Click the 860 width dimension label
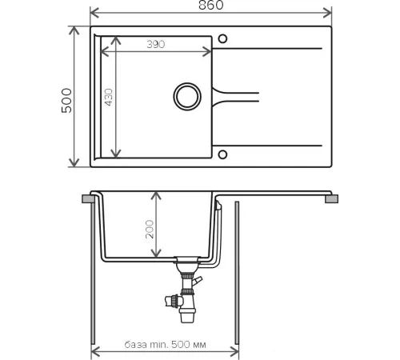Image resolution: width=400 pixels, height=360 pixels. pyautogui.click(x=211, y=6)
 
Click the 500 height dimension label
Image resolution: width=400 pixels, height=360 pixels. pyautogui.click(x=66, y=101)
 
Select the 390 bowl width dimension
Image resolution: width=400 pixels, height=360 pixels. pyautogui.click(x=156, y=44)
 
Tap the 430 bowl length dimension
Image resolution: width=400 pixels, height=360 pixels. pyautogui.click(x=109, y=97)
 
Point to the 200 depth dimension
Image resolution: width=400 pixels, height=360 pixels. pyautogui.click(x=150, y=229)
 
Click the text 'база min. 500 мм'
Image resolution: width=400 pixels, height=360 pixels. pyautogui.click(x=165, y=345)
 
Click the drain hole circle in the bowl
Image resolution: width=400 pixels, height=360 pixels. pyautogui.click(x=187, y=97)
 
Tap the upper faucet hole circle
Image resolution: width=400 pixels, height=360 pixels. pyautogui.click(x=222, y=39)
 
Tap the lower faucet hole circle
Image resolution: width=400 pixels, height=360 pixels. pyautogui.click(x=222, y=154)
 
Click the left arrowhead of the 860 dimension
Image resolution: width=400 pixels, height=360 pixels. pyautogui.click(x=94, y=13)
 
